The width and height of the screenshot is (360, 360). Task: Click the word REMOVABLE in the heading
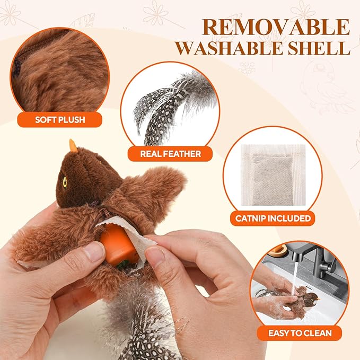click(276, 27)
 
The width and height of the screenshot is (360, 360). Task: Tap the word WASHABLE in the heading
click(226, 48)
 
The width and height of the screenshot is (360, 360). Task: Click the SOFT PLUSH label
click(60, 120)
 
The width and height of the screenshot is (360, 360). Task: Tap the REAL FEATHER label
click(170, 154)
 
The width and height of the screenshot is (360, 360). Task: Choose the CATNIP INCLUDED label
click(273, 218)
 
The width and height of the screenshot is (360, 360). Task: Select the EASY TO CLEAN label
click(300, 333)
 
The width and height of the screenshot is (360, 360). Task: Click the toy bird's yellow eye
click(65, 182)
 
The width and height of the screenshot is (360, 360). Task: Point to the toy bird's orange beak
click(73, 146)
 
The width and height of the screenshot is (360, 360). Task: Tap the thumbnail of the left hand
click(94, 252)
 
